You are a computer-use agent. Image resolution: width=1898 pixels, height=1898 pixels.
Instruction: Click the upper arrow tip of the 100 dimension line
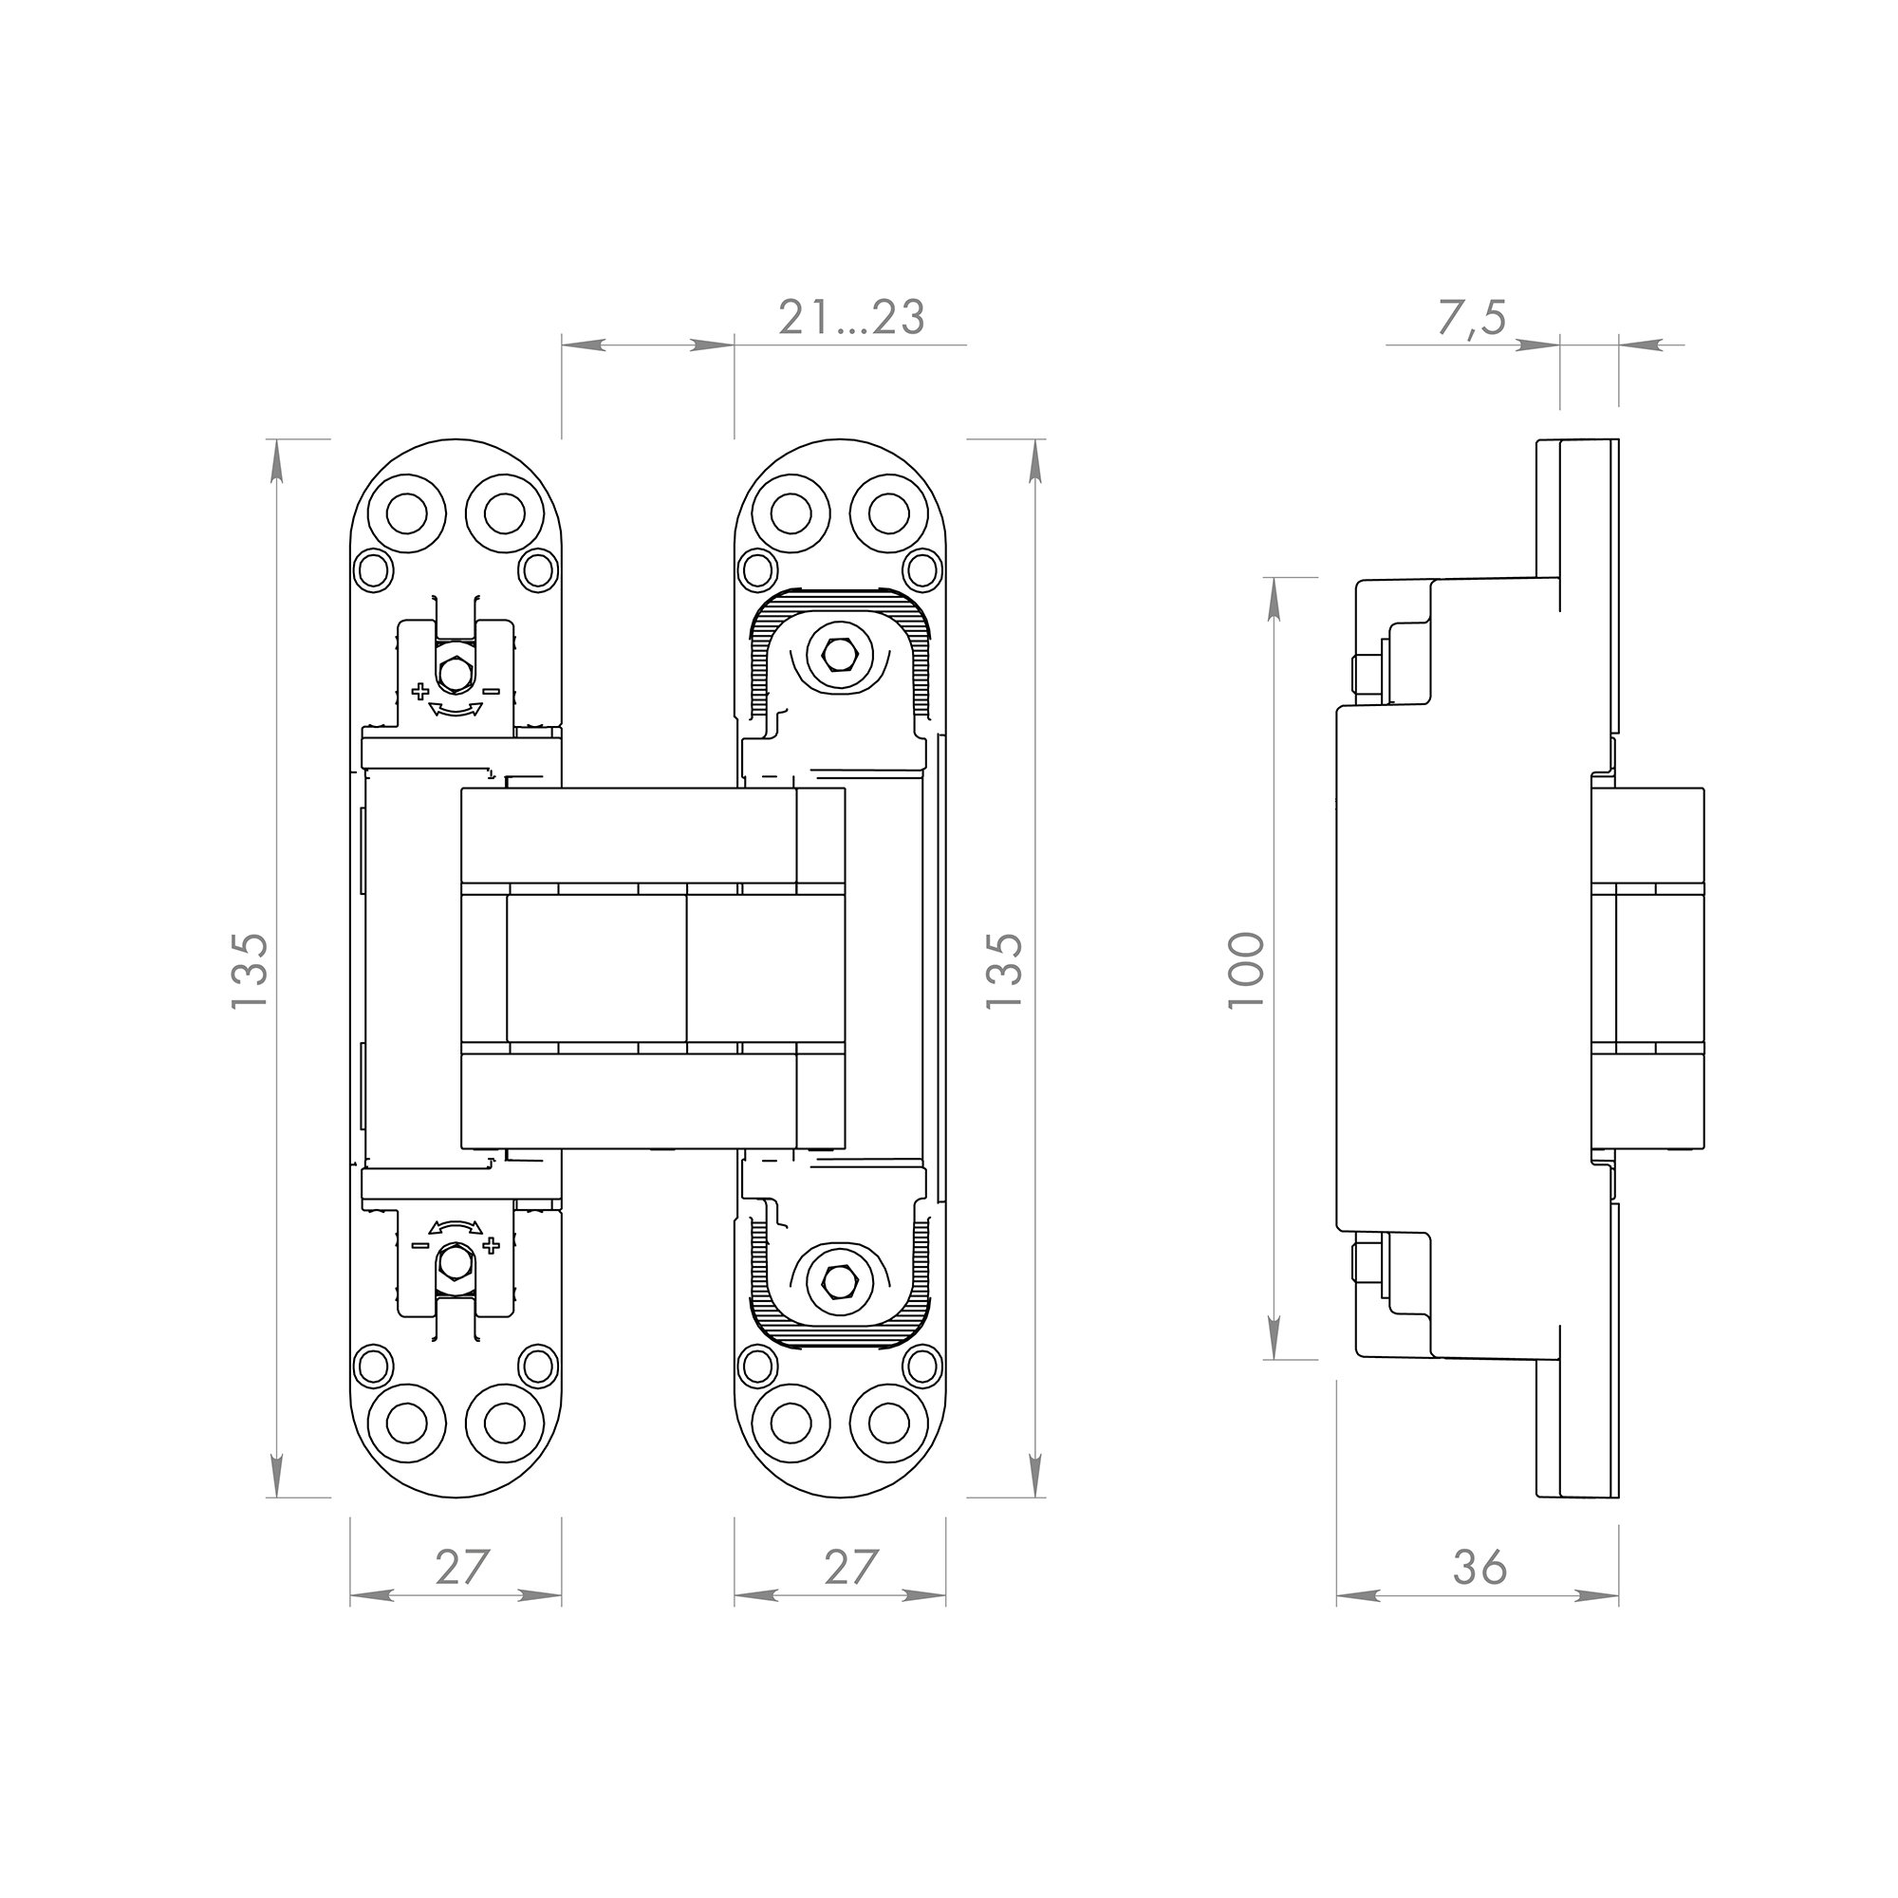click(x=1275, y=579)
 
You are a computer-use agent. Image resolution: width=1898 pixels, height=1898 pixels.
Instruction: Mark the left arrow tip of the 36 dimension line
click(x=1338, y=1596)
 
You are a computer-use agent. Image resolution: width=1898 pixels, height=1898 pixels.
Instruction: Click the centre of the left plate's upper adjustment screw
click(x=455, y=674)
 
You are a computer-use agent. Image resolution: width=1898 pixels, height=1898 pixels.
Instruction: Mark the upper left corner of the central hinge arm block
click(x=462, y=789)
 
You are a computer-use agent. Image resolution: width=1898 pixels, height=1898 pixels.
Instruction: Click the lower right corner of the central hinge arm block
click(x=844, y=1147)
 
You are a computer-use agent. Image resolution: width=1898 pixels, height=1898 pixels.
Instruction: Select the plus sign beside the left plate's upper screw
click(x=420, y=692)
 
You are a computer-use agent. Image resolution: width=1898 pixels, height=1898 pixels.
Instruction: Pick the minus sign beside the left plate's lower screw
click(x=419, y=1245)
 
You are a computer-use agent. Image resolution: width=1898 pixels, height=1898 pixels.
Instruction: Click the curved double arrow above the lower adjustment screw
click(x=456, y=1227)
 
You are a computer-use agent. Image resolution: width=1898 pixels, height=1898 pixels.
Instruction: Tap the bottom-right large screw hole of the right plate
click(x=889, y=1421)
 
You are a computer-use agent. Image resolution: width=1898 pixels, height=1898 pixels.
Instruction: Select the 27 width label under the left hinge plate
click(x=462, y=1566)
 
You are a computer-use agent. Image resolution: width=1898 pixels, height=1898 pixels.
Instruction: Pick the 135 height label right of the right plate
click(x=1004, y=970)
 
